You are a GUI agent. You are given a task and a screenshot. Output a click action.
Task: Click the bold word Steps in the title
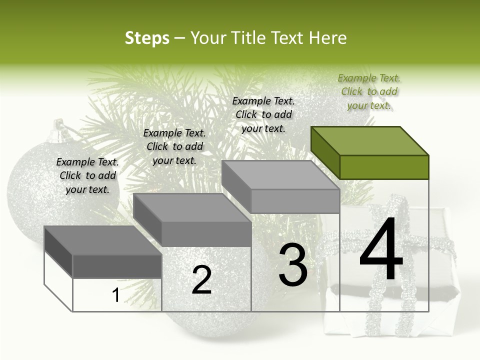coord(146,38)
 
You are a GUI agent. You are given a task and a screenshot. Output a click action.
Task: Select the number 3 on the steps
coord(293,265)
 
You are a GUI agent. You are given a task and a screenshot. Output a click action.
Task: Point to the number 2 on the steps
coord(201,280)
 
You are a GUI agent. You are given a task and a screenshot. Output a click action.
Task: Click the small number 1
coord(115,295)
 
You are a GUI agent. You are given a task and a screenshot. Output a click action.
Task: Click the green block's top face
coord(370,140)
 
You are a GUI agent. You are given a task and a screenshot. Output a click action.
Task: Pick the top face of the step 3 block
coord(280,175)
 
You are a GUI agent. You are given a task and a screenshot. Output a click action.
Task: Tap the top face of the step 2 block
coord(192,208)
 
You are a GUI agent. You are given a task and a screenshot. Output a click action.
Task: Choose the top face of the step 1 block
coord(103,240)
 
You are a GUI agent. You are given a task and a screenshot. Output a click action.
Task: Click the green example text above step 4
coord(369,91)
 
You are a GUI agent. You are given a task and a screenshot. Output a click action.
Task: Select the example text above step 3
coord(263,114)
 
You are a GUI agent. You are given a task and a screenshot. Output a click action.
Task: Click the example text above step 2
coord(174,146)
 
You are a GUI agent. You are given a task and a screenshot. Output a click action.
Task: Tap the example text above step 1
coord(87,175)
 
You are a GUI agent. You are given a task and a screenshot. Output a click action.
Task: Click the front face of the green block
coord(384,167)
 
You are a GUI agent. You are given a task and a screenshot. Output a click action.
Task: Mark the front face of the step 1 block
coord(117,266)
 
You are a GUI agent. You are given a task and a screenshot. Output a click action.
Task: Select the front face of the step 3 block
coord(295,201)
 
